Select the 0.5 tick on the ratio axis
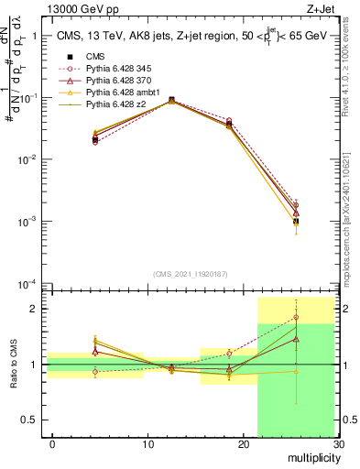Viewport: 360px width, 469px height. click(x=29, y=420)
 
